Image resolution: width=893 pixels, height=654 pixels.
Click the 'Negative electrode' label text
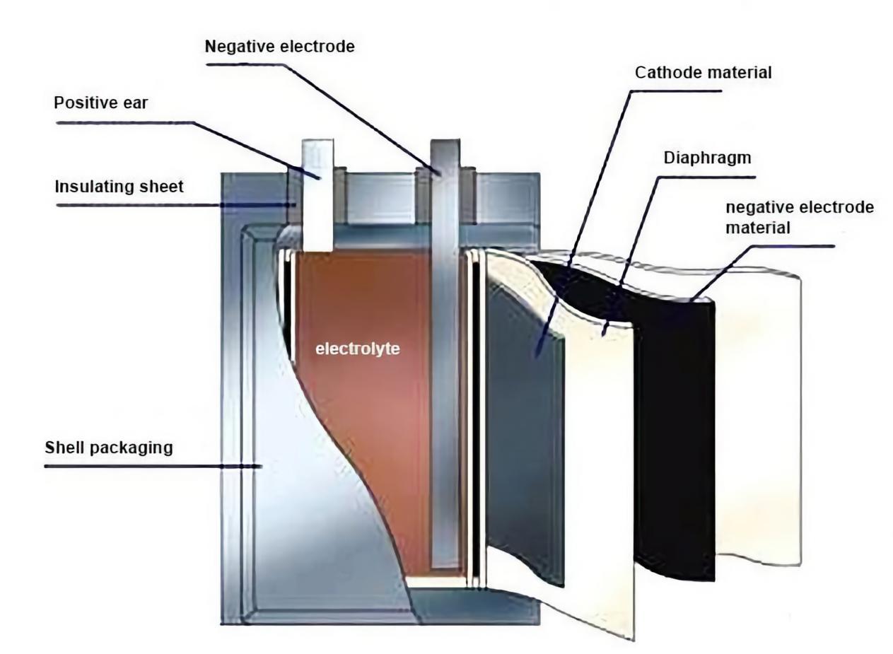click(279, 47)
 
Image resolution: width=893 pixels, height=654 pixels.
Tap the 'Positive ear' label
click(102, 103)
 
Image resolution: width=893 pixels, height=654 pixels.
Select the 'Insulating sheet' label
click(119, 187)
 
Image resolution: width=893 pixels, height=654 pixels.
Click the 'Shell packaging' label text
click(108, 448)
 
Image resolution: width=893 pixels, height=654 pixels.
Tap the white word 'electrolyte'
click(357, 348)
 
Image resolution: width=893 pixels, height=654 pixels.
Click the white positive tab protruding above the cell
click(317, 191)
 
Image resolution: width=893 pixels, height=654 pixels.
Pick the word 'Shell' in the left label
click(62, 448)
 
